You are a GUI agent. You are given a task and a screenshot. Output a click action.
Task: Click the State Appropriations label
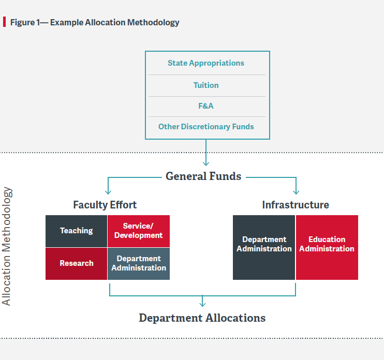point(206,63)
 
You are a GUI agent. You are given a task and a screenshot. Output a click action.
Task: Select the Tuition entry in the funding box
point(206,85)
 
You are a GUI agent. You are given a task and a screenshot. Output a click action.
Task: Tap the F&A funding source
point(206,106)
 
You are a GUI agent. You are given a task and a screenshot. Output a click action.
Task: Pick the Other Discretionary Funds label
point(206,127)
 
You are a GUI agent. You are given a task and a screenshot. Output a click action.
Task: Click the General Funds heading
point(203,176)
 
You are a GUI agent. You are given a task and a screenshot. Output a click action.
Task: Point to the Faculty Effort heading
point(105,205)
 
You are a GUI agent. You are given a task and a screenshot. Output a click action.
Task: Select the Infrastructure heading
point(296,205)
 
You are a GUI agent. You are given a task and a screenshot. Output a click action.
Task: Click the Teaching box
point(77,231)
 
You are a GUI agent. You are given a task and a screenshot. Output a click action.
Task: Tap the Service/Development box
point(139,231)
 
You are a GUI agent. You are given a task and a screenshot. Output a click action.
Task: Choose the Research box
point(77,264)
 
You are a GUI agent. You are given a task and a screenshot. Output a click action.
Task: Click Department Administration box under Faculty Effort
point(139,264)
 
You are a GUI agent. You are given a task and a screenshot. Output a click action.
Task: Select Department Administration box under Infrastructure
point(264,247)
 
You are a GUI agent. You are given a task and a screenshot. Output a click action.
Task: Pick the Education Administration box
point(327,247)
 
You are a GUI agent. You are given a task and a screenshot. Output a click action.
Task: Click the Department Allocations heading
point(202,318)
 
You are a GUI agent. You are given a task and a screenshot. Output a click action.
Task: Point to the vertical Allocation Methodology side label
point(6,246)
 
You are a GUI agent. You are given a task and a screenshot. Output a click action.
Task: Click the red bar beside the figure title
point(5,22)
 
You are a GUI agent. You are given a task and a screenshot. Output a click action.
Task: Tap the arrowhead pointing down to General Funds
point(206,164)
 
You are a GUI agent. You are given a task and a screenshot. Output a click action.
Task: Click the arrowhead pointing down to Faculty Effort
point(108,192)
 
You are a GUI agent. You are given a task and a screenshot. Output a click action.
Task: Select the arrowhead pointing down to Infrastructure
point(296,192)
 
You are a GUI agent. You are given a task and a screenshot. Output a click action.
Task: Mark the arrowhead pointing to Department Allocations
point(202,304)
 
